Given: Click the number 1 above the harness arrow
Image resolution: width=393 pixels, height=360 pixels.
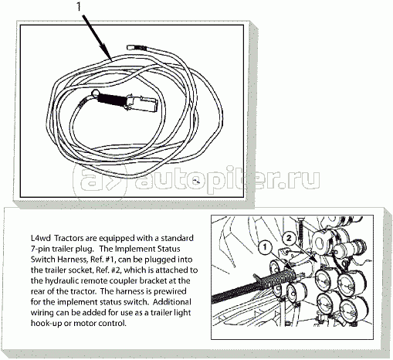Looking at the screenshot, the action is (79, 7).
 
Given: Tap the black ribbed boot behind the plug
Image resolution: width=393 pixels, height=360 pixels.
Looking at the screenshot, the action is (112, 100).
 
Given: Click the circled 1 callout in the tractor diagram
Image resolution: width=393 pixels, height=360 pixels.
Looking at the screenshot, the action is (265, 247).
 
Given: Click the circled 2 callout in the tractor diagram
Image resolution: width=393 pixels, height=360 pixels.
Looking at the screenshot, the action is (289, 238).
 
